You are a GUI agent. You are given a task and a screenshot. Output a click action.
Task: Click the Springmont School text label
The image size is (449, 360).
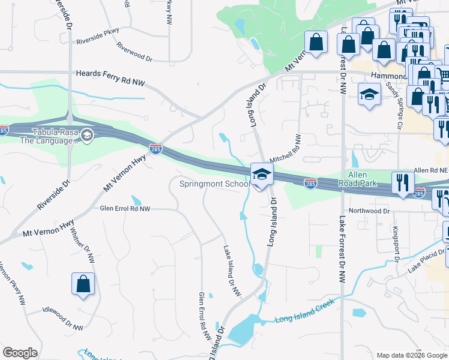[214, 184]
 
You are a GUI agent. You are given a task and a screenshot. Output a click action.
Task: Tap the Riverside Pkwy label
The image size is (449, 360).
[97, 36]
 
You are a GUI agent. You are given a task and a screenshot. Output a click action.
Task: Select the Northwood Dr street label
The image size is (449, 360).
[370, 211]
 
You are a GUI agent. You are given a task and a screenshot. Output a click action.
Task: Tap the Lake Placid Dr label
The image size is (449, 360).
[428, 261]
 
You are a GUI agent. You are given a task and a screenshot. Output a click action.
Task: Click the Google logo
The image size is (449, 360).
[20, 353]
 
